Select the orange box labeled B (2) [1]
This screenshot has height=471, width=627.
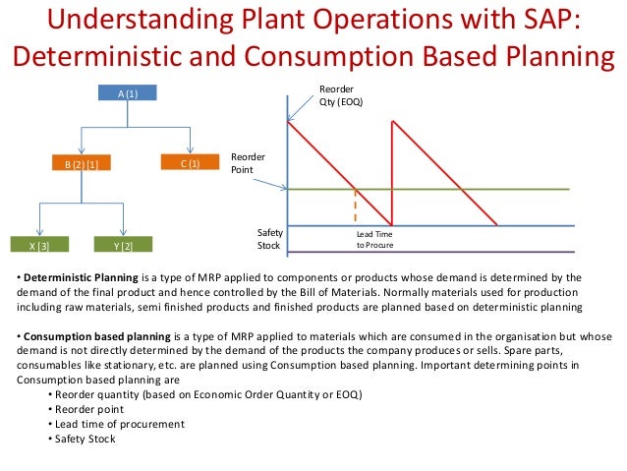pos(81,164)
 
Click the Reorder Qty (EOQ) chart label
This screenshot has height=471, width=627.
pos(341,94)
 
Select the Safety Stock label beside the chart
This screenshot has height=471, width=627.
pos(269,237)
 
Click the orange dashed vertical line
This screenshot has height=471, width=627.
pos(355,208)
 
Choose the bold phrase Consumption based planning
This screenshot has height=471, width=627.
pos(86,335)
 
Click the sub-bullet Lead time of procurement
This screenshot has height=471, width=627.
pos(121,424)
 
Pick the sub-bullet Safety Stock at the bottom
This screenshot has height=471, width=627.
pos(85,439)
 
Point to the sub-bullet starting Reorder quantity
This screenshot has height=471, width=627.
pos(207,394)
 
